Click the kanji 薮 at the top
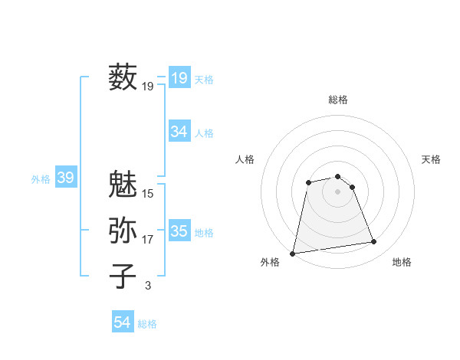(x=123, y=78)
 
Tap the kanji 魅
(x=123, y=185)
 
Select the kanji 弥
(x=123, y=230)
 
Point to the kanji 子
(x=123, y=276)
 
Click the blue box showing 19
(x=179, y=78)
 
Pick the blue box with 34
(x=179, y=132)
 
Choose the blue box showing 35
(x=179, y=231)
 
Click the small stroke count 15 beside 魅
(x=148, y=194)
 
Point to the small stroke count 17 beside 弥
(x=148, y=240)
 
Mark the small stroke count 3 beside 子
(x=148, y=286)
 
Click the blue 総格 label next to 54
(x=147, y=324)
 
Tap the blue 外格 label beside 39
(x=41, y=179)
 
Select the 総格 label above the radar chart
(x=338, y=100)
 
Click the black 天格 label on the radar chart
(x=431, y=159)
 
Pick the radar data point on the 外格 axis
(x=293, y=253)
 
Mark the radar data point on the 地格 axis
(x=373, y=242)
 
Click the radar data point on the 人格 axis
(x=308, y=182)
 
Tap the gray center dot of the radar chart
(x=338, y=191)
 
